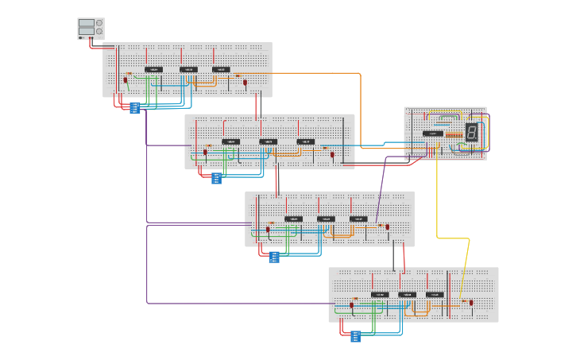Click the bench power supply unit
pos(91,29)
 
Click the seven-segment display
pos(471,133)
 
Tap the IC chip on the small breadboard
pos(433,134)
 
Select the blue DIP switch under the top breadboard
pos(135,107)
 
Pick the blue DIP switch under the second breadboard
pos(216,178)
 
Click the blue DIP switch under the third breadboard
pos(274,257)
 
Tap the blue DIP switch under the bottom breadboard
pos(355,335)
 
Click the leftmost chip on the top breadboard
pos(154,70)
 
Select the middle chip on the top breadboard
pos(188,70)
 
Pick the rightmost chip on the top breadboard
pos(221,70)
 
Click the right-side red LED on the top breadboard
pos(245,82)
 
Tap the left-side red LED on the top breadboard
pos(126,79)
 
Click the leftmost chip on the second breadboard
pos(231,141)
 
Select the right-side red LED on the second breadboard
pos(332,154)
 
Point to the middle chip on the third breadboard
pos(326,219)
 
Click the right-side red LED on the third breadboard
pos(387,227)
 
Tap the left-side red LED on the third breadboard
pos(268,230)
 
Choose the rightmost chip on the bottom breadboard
pos(435,295)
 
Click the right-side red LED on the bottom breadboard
pos(471,303)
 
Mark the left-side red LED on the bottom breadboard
pos(351,305)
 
